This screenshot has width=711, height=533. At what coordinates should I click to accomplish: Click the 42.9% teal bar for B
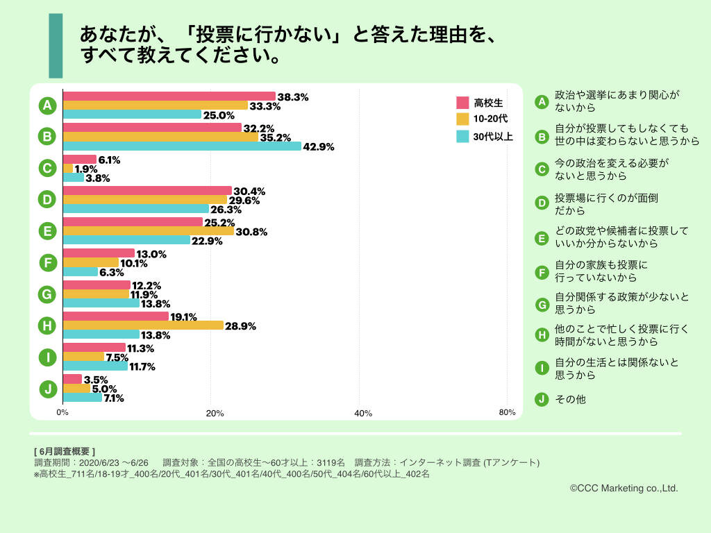[182, 146]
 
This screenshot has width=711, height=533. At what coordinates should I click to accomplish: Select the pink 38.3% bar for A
[169, 96]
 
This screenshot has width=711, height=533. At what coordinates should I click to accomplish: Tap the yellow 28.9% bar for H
[143, 325]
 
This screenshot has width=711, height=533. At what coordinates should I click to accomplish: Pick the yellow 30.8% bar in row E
[149, 231]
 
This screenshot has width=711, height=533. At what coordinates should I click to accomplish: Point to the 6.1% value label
[109, 160]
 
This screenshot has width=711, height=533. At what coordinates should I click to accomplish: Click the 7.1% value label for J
[113, 398]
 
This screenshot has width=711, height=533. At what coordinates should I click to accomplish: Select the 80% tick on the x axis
[507, 413]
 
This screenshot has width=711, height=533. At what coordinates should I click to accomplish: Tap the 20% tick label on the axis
[215, 414]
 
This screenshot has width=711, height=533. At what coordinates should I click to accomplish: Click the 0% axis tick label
[62, 413]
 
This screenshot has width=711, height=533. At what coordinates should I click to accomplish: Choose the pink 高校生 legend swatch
[463, 103]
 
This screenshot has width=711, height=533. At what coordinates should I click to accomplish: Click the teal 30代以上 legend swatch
[463, 136]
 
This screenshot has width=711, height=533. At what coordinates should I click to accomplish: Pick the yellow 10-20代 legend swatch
[463, 119]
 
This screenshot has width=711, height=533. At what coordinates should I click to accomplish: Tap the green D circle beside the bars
[47, 200]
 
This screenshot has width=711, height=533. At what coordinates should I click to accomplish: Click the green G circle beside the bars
[47, 294]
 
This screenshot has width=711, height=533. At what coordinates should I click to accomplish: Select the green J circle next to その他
[542, 399]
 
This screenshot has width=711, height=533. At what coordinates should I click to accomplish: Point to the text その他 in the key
[570, 400]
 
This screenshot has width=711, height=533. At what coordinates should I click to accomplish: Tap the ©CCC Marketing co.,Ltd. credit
[624, 489]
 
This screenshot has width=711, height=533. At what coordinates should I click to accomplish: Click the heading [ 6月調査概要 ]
[65, 451]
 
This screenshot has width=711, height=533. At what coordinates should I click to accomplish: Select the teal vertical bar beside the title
[56, 46]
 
